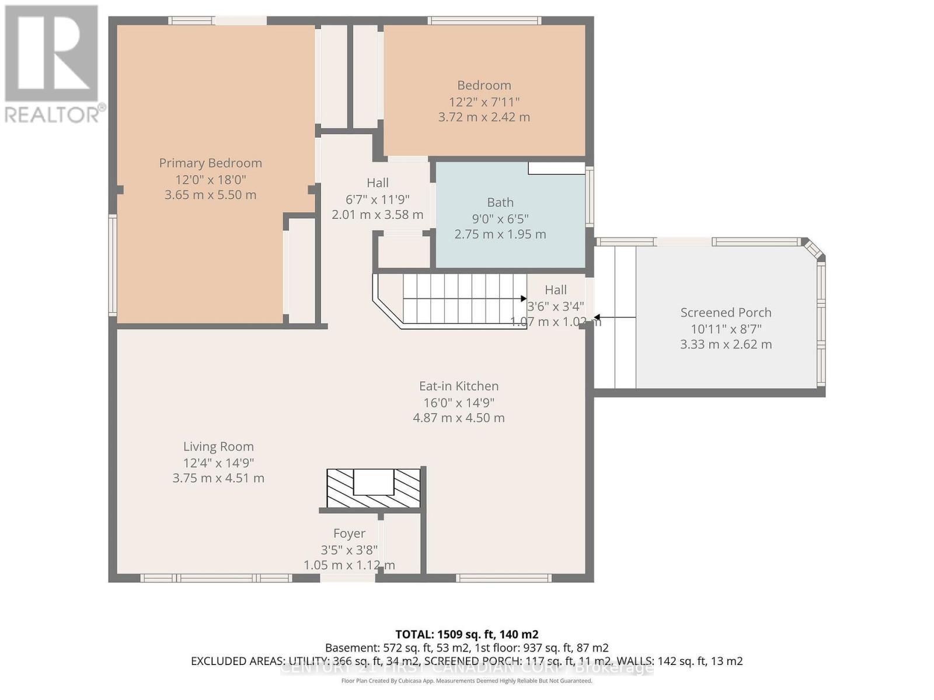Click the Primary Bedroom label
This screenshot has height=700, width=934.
pyautogui.click(x=210, y=163)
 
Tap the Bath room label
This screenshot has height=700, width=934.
pyautogui.click(x=500, y=202)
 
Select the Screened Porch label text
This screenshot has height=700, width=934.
pyautogui.click(x=726, y=313)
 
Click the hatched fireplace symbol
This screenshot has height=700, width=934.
pyautogui.click(x=373, y=488)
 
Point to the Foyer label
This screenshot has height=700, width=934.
pyautogui.click(x=349, y=533)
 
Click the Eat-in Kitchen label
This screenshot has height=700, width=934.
pyautogui.click(x=459, y=386)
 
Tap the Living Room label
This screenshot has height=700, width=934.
pyautogui.click(x=218, y=447)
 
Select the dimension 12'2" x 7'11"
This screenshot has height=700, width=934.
pyautogui.click(x=484, y=101)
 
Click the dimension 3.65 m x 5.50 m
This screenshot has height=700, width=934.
pyautogui.click(x=210, y=195)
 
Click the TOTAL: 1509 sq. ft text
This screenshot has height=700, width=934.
pyautogui.click(x=466, y=634)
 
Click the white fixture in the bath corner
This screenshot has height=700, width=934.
pyautogui.click(x=556, y=168)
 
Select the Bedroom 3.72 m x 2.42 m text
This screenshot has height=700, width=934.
pyautogui.click(x=484, y=117)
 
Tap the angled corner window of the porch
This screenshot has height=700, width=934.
pyautogui.click(x=814, y=249)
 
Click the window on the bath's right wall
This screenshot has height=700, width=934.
pyautogui.click(x=590, y=197)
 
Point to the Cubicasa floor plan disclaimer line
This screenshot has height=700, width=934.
pyautogui.click(x=466, y=681)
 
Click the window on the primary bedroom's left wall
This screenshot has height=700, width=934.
pyautogui.click(x=113, y=265)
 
